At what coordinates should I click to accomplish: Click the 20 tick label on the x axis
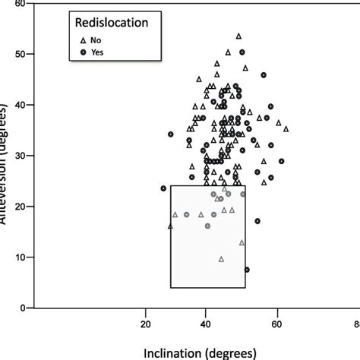(147, 324)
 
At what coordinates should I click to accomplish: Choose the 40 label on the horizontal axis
(205, 324)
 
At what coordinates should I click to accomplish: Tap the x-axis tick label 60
(279, 324)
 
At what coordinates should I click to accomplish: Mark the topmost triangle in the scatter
(238, 36)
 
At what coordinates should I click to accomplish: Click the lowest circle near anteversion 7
(247, 270)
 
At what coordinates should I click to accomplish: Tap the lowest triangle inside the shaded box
(221, 259)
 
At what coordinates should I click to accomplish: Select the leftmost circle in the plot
(164, 188)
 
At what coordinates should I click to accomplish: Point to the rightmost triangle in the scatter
(286, 129)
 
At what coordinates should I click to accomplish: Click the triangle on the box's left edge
(170, 226)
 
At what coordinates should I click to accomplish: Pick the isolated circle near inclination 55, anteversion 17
(257, 221)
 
